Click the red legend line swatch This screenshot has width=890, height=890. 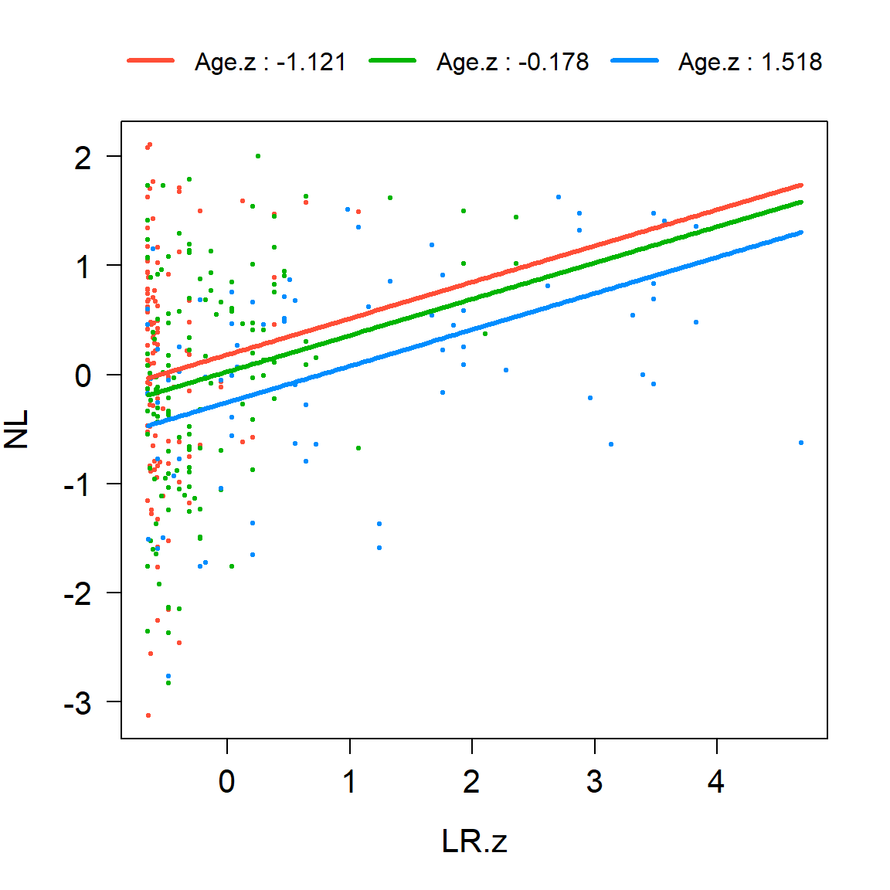151,61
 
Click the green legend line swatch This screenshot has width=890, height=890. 393,61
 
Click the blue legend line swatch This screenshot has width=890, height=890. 635,61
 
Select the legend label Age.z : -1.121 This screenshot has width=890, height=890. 270,62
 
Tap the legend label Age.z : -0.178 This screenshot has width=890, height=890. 512,62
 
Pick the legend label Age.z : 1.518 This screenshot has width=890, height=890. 749,62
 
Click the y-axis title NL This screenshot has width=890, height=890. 17,430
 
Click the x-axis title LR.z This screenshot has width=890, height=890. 474,841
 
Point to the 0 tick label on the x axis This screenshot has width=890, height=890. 227,782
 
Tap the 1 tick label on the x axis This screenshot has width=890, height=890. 349,782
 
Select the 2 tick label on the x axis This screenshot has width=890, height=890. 471,782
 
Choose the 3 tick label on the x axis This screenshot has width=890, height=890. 594,782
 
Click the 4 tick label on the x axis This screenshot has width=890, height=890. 716,782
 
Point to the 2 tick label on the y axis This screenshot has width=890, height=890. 83,158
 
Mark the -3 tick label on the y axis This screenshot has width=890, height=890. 77,703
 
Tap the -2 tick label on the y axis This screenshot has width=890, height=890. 77,594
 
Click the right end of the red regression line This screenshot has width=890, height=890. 801,185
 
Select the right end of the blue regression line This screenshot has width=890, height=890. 801,232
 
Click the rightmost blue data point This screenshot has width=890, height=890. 801,443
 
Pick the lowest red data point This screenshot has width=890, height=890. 148,715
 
